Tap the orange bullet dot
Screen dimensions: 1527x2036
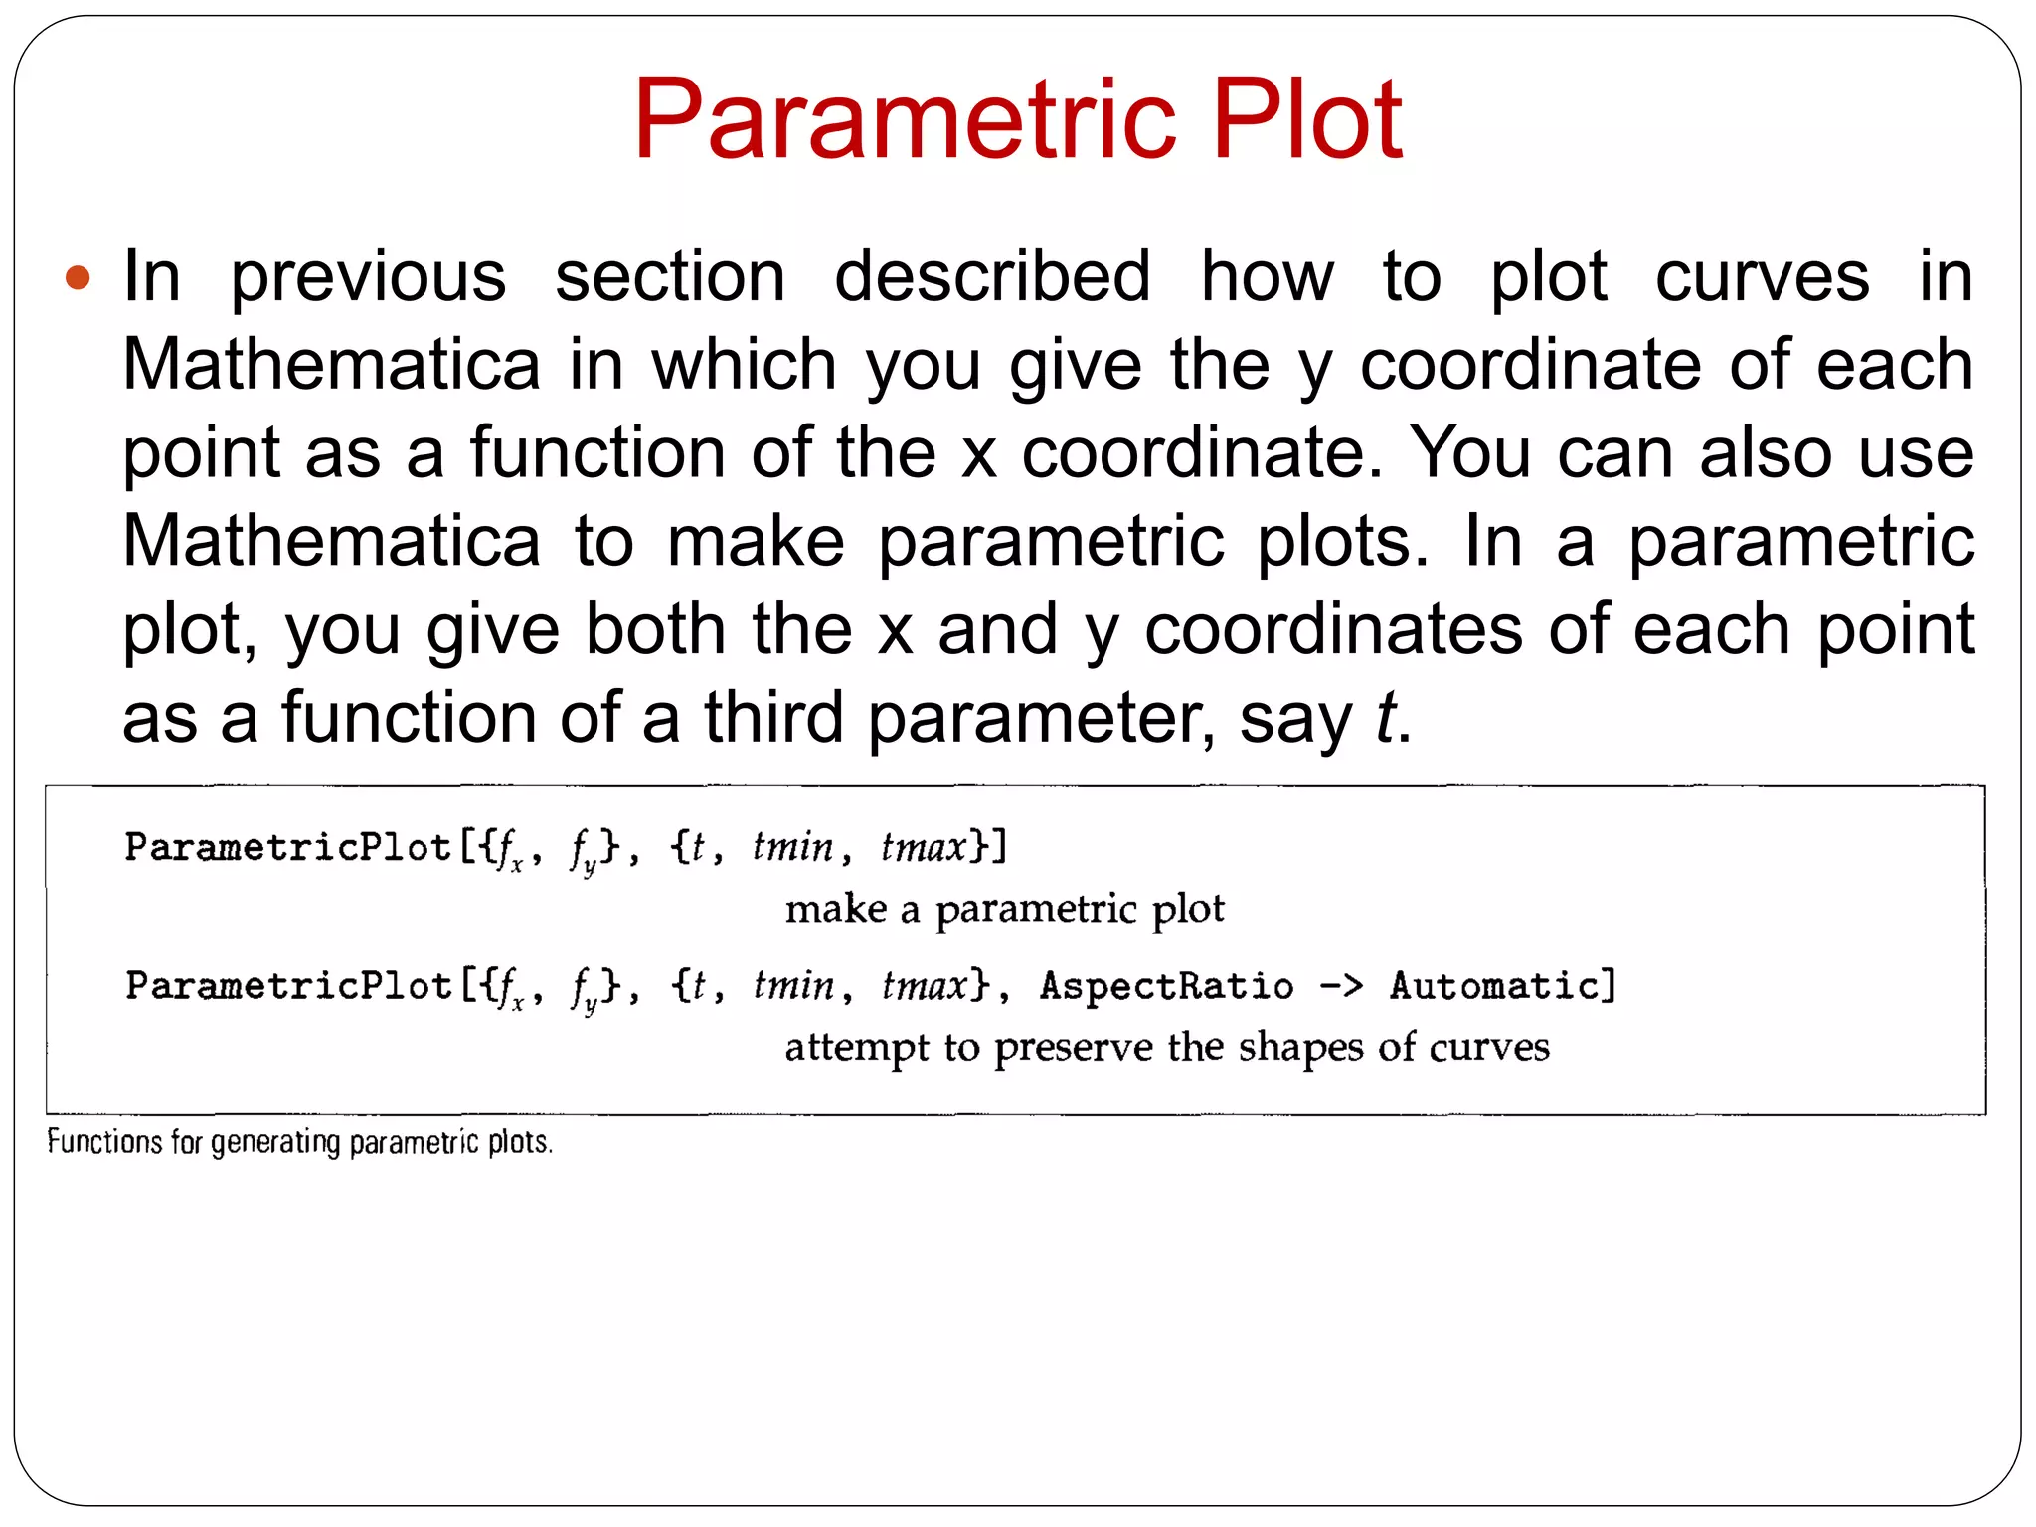78,277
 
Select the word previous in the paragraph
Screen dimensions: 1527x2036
368,277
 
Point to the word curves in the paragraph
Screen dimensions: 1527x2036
1762,277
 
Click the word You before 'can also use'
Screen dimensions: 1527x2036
1470,453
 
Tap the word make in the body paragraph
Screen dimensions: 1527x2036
756,542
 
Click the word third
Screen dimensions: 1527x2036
773,718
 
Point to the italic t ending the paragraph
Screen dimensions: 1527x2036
1385,718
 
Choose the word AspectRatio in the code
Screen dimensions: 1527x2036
1166,986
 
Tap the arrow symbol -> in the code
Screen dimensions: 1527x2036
1341,986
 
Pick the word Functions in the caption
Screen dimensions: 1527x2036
104,1142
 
